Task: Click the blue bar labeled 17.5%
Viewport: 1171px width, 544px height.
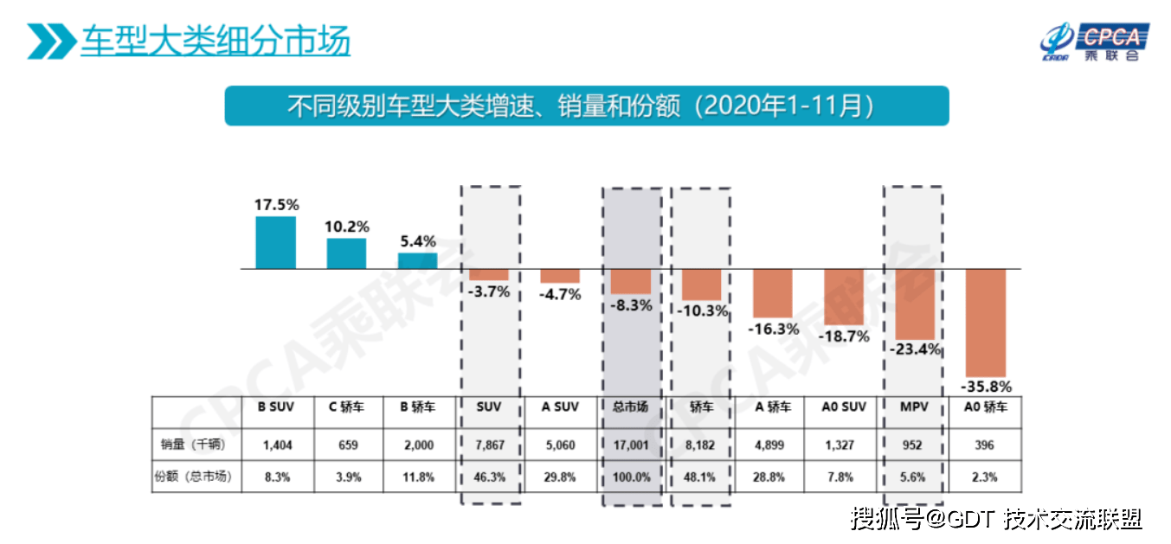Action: (275, 242)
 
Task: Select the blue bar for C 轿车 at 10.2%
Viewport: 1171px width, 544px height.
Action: (346, 253)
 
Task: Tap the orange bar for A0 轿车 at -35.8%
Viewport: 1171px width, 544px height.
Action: (986, 322)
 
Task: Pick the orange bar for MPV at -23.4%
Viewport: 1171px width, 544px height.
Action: (915, 304)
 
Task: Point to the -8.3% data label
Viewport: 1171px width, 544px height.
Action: (632, 305)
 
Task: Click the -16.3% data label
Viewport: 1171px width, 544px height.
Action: (773, 329)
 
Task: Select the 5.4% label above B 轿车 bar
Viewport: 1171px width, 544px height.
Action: (417, 241)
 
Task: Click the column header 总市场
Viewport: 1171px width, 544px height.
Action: (632, 407)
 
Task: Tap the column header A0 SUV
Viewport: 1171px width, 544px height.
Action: (844, 407)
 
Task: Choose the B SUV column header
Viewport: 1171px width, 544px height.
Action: (274, 407)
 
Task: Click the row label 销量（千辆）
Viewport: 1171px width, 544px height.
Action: (194, 445)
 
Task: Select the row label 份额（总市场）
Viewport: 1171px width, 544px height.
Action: (196, 477)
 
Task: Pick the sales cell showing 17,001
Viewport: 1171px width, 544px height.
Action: (632, 445)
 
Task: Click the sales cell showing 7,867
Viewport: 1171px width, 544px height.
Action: (490, 445)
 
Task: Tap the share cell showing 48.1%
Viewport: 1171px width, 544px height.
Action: (702, 477)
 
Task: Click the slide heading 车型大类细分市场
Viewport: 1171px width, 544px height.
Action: (216, 41)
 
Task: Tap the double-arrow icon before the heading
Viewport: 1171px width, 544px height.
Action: (51, 42)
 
